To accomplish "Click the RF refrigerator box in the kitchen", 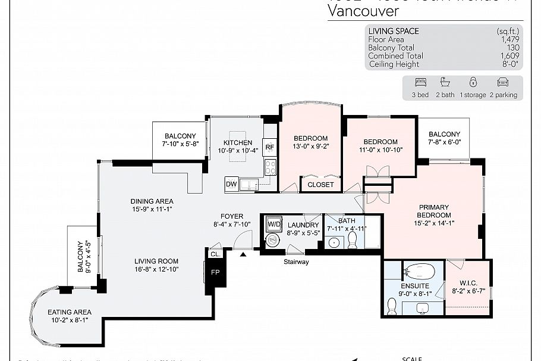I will [270, 147].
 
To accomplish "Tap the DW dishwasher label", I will [231, 185].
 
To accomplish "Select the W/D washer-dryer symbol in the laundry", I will [273, 223].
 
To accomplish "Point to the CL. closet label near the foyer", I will [215, 254].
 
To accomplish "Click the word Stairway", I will [295, 262].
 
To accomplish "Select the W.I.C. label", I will [469, 283].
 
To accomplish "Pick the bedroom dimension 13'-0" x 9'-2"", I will [310, 147].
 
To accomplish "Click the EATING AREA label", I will [70, 312].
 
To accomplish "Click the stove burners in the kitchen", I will [270, 167].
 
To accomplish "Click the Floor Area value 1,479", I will [509, 39].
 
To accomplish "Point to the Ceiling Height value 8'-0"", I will [511, 64].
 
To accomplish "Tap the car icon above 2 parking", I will [503, 83].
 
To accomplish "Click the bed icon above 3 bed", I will [420, 83].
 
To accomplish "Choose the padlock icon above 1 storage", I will [473, 83].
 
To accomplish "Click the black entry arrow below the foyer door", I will [243, 254].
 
